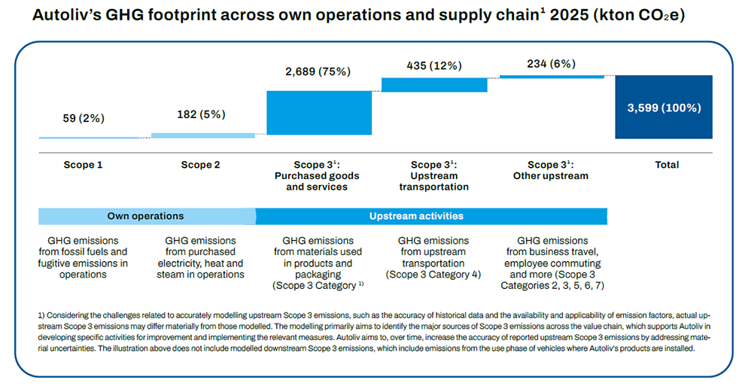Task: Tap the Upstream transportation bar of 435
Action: [434, 84]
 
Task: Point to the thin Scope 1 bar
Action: [89, 138]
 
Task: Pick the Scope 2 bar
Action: [203, 135]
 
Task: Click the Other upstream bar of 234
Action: [552, 76]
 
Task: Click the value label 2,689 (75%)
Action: [319, 72]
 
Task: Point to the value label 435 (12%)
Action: [433, 65]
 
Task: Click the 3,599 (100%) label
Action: [664, 108]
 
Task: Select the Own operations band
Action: [146, 216]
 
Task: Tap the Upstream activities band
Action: [415, 216]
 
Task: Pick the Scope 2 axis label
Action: [201, 165]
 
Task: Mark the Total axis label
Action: [667, 165]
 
